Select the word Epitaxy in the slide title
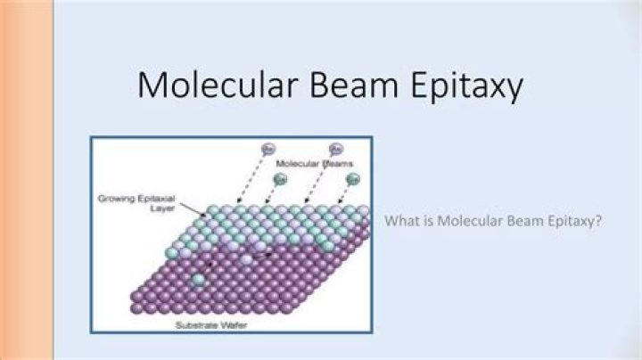coord(464,88)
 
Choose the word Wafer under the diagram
coord(248,324)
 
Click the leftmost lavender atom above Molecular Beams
coord(267,147)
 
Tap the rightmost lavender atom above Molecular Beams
coord(336,148)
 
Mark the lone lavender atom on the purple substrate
coord(245,258)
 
